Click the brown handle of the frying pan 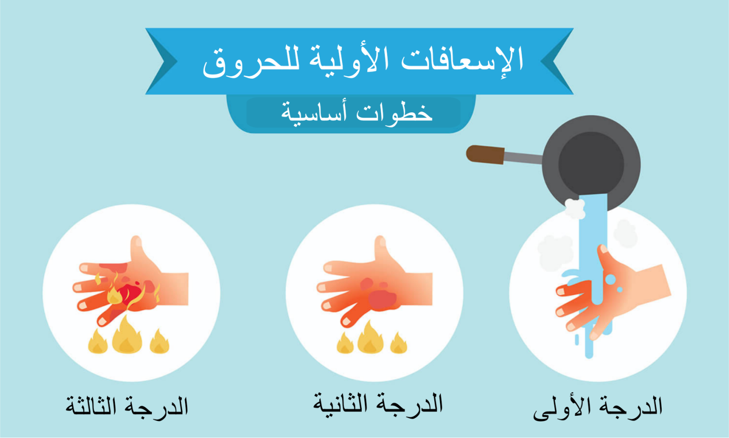click(x=485, y=155)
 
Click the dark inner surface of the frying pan click(x=591, y=164)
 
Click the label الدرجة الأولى click(x=598, y=408)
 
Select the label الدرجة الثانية click(x=378, y=405)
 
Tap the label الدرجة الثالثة click(x=127, y=406)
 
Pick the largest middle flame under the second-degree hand click(x=370, y=338)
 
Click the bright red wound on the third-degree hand click(x=130, y=293)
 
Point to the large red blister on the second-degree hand click(x=382, y=299)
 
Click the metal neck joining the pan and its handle click(x=523, y=157)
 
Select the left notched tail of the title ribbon click(x=161, y=61)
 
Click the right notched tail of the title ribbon click(x=557, y=61)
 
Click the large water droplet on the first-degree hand click(x=610, y=279)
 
